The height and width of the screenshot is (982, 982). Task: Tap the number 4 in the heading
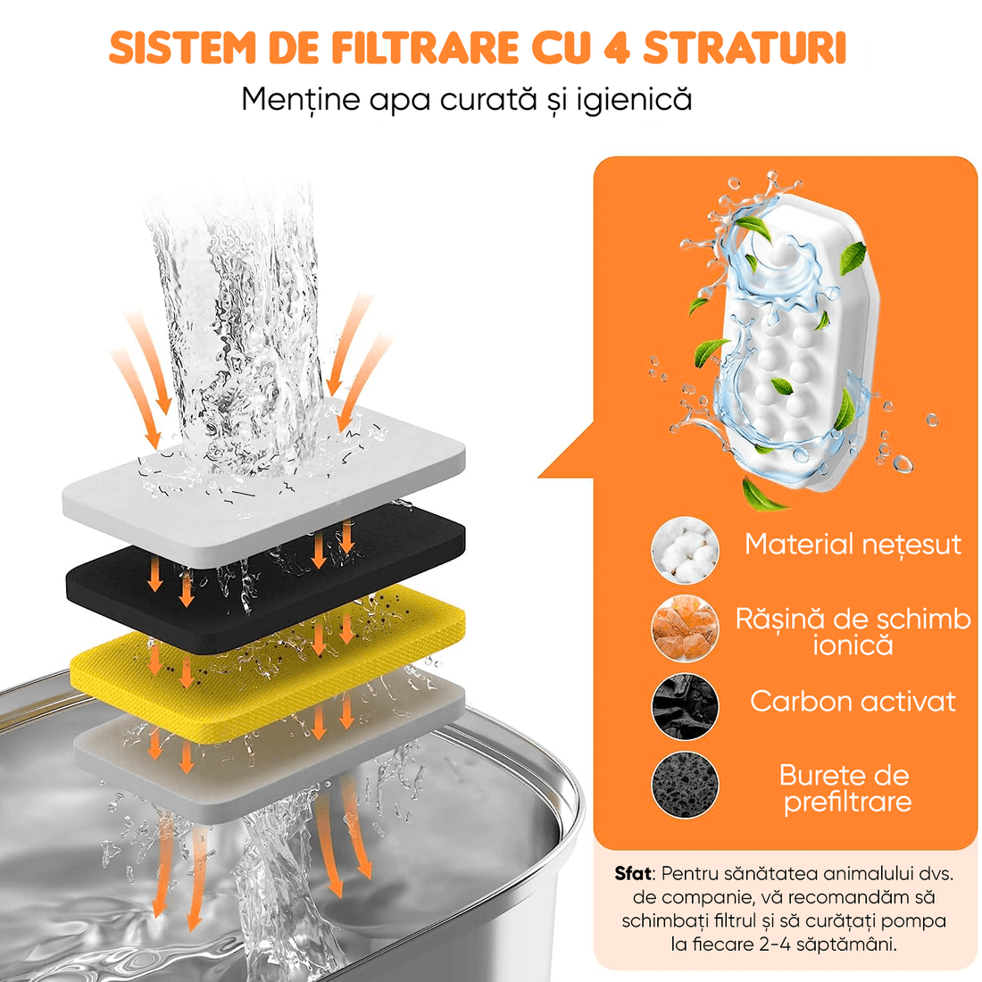point(616,48)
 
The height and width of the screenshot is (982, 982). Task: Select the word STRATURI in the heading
point(745,48)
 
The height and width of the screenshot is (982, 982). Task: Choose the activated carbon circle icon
point(685,705)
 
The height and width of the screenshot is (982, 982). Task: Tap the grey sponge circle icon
point(685,786)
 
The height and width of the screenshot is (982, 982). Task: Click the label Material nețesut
point(853,544)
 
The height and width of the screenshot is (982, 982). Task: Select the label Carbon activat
point(853,702)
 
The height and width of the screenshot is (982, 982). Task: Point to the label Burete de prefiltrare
point(846,788)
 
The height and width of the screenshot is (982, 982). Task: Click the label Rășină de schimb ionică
point(853,631)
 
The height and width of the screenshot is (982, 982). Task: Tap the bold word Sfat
point(633,873)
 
